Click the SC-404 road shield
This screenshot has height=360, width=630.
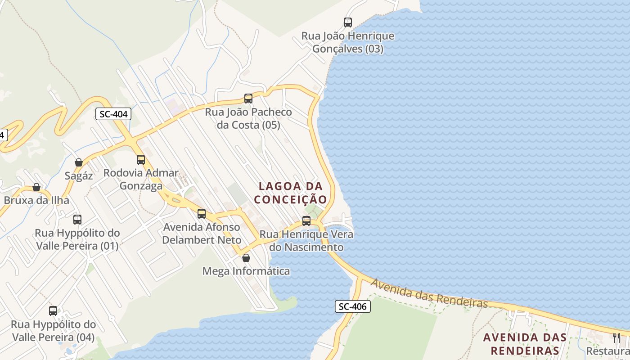113,114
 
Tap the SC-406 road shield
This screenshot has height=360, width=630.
353,306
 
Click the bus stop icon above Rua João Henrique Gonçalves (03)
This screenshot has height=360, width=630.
347,22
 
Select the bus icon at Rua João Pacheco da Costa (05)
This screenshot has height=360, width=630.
248,98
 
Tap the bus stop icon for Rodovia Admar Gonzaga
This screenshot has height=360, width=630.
141,159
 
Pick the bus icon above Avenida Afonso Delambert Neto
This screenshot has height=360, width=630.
202,213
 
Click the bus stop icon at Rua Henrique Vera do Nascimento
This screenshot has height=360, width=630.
306,220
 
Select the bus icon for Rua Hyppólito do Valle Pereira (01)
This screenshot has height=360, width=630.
77,219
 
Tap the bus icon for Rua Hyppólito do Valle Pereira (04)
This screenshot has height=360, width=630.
53,310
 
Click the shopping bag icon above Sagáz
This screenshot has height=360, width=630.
79,162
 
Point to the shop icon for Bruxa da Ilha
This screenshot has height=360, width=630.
36,187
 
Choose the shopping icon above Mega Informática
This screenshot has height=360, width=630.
246,257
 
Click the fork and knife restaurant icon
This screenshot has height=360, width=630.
616,337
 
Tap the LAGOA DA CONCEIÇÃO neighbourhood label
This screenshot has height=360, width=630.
291,193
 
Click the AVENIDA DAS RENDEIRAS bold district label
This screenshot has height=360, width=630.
525,344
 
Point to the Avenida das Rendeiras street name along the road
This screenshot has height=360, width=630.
429,293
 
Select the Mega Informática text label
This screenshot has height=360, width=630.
246,271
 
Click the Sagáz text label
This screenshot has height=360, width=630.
79,175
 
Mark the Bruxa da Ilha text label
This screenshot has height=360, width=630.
36,200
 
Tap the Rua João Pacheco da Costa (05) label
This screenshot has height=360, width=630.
248,118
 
